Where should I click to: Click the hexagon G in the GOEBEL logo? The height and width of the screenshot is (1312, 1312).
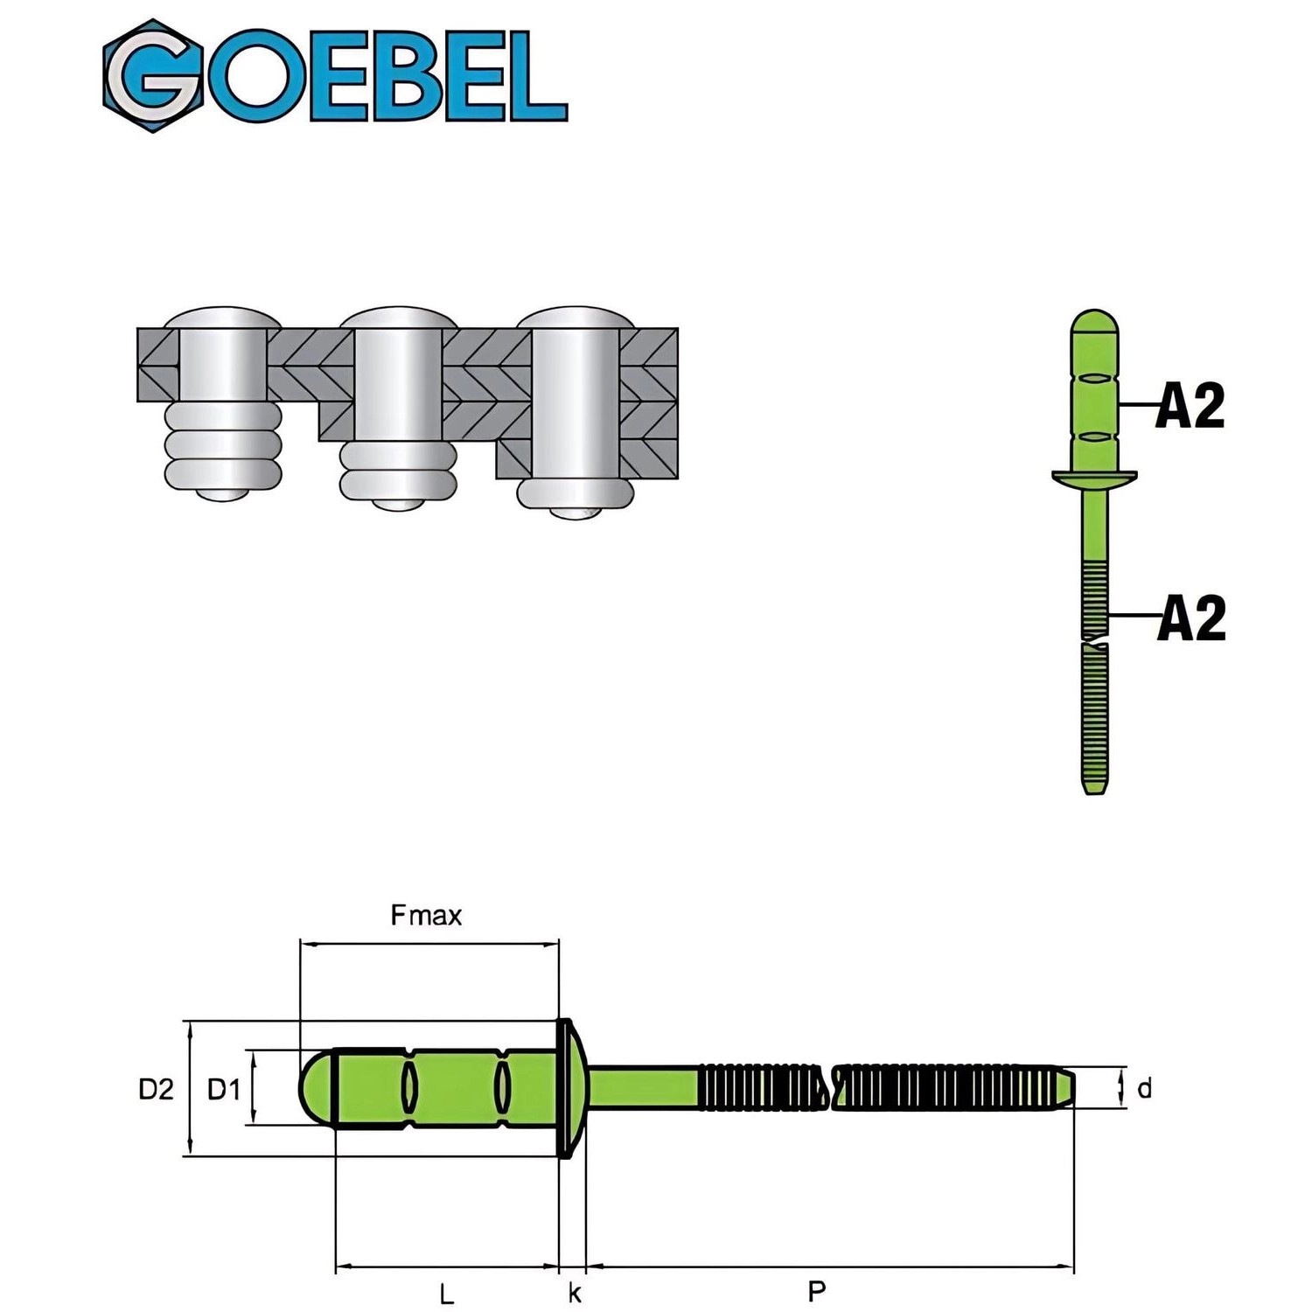pos(153,76)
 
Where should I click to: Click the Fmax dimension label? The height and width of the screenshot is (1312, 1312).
pos(426,916)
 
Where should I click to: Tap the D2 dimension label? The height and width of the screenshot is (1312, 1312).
pos(156,1089)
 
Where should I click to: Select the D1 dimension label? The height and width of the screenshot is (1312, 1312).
pos(224,1089)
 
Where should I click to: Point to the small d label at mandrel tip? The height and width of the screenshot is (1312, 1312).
pos(1144,1089)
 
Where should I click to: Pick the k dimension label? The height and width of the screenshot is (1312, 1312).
pos(575,1293)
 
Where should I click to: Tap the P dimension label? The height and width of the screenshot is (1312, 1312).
pos(817,1291)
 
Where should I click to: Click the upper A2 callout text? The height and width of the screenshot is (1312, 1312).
pos(1190,406)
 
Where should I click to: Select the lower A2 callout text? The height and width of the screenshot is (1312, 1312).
pos(1191,618)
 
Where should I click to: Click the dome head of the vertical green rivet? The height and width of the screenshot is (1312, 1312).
pos(1094,325)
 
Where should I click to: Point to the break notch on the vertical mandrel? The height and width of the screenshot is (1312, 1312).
pos(1094,646)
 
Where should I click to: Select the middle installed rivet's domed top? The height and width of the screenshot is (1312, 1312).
pos(399,318)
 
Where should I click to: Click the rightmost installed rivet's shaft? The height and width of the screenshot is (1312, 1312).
pos(575,402)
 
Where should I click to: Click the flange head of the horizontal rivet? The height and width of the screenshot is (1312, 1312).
pos(569,1088)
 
